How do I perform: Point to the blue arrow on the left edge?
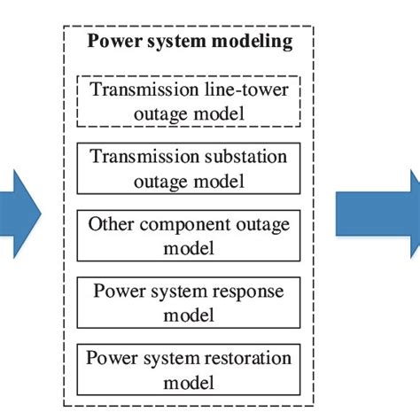19,217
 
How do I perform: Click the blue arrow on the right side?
377,217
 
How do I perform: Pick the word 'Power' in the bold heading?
116,42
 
